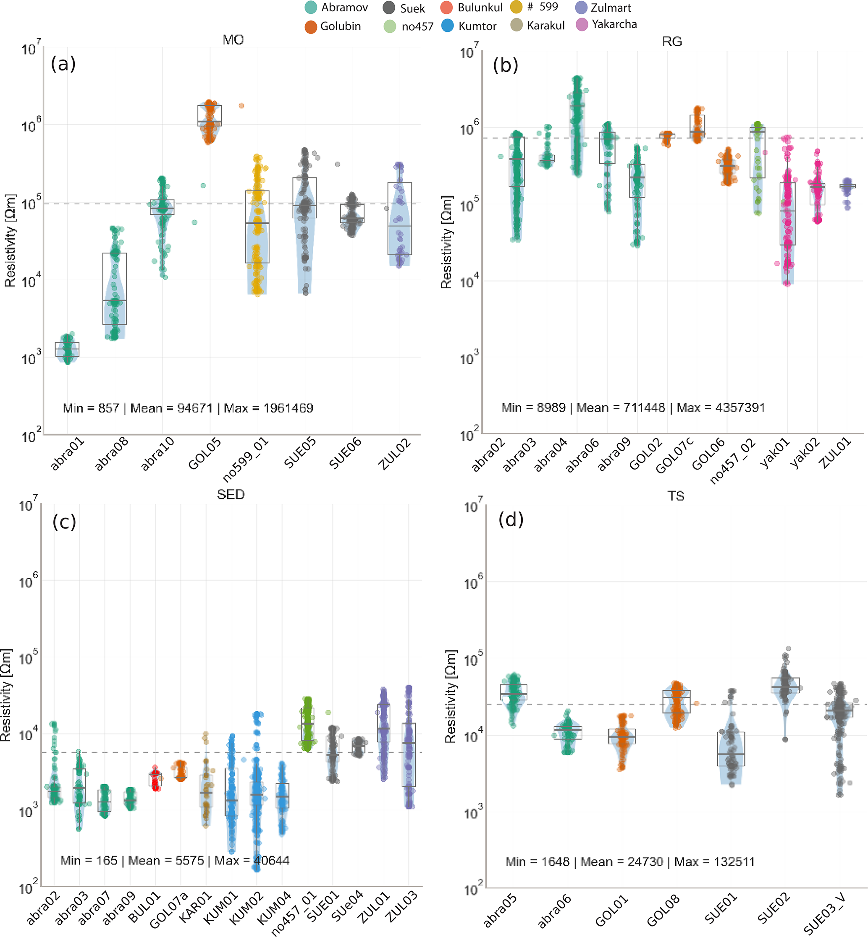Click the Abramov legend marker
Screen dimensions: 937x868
pos(310,8)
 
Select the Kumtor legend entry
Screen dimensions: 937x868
pos(469,26)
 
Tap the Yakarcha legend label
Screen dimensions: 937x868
pos(614,24)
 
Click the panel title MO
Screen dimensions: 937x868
pos(233,40)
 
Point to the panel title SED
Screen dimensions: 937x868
pos(231,494)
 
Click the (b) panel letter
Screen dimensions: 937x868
pos(506,65)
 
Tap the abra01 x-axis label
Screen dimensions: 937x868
pos(68,454)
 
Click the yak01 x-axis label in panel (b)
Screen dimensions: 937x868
pos(776,453)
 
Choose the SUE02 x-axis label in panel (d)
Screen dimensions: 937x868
pos(774,909)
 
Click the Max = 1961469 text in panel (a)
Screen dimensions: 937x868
pos(268,408)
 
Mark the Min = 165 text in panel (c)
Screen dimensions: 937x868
pos(89,861)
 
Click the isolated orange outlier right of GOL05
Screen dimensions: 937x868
pos(241,106)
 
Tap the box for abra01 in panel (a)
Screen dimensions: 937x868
pos(67,349)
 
